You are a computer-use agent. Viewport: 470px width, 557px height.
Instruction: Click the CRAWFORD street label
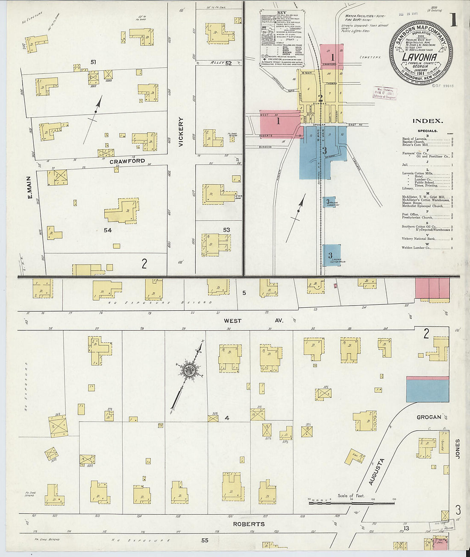tap(127, 161)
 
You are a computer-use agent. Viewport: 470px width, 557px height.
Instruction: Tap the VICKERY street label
tap(181, 132)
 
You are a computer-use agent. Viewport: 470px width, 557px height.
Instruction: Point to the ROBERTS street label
tap(249, 524)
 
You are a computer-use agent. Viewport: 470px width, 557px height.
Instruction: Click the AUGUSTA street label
tap(376, 471)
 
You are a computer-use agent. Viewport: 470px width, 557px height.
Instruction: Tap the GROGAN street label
tap(429, 417)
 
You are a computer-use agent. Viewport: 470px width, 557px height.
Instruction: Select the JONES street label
tap(457, 449)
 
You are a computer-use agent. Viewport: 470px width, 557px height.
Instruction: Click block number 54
tap(107, 230)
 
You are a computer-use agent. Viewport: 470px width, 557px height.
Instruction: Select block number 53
tap(226, 230)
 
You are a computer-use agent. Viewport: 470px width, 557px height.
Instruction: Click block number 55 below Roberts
tap(205, 540)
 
